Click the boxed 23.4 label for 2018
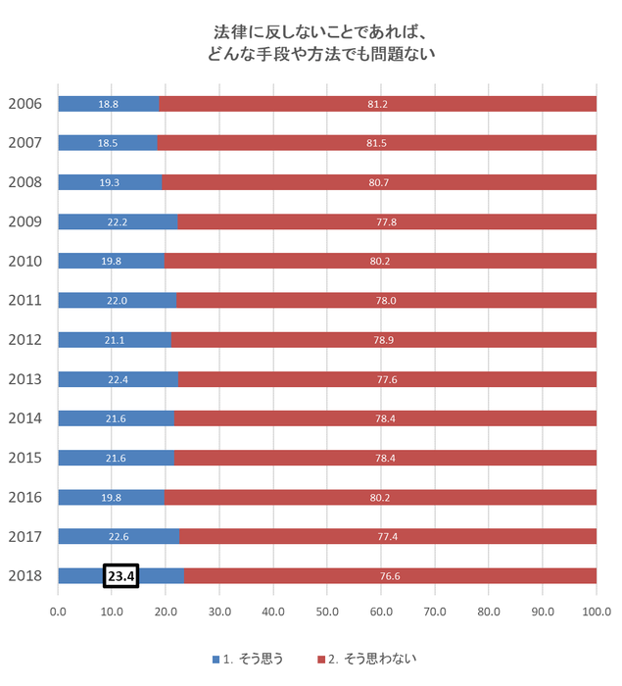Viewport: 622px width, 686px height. (121, 576)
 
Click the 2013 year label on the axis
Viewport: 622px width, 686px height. (24, 379)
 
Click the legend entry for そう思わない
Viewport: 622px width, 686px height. (368, 659)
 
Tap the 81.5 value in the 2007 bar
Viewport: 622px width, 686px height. (376, 143)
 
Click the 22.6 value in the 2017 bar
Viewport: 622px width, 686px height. (118, 536)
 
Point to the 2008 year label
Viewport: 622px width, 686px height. (24, 182)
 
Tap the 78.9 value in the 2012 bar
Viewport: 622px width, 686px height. (383, 340)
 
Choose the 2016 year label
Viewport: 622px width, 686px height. (24, 497)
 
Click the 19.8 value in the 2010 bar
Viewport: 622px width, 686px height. (111, 261)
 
